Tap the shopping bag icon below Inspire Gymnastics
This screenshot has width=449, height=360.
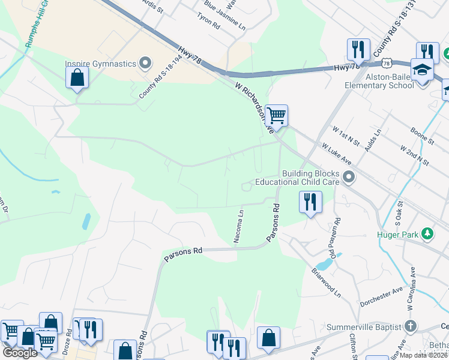(77, 77)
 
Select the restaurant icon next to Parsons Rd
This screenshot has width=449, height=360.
(310, 202)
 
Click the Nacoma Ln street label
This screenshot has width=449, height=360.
(240, 226)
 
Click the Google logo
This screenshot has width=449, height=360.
(20, 352)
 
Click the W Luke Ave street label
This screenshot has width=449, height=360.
(336, 154)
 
